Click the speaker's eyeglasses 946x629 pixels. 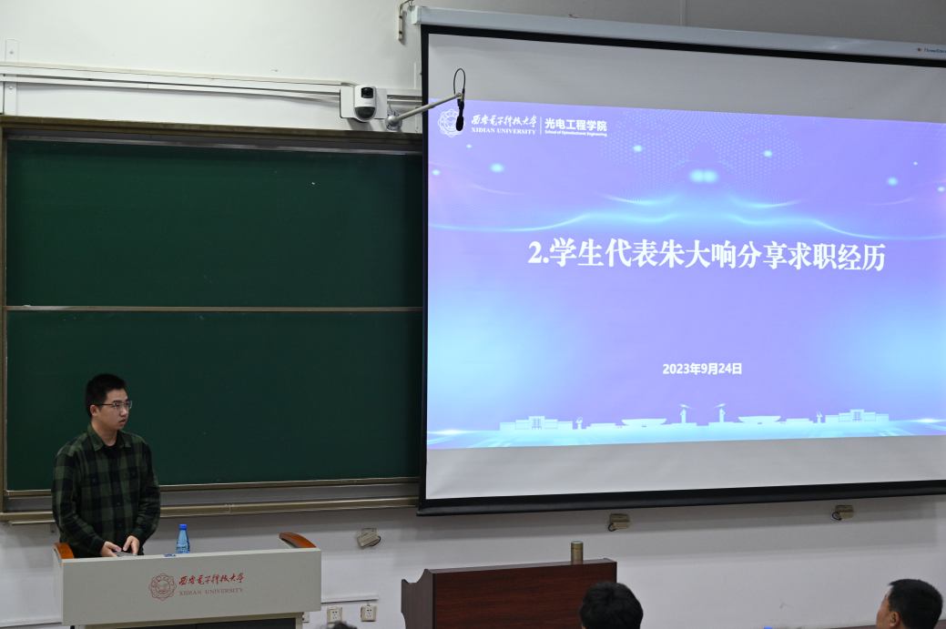coord(114,405)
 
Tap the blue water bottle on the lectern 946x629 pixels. coord(183,539)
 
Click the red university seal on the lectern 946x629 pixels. coord(162,586)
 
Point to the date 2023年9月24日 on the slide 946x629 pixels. coord(702,369)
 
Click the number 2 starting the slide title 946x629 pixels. coord(534,254)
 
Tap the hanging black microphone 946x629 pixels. coord(460,113)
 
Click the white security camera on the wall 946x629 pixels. coord(364,101)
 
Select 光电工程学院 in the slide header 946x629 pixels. coord(575,125)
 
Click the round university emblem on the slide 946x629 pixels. coord(449,122)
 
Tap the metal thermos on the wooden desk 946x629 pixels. coord(576,552)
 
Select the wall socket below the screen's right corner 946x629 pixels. coord(842,512)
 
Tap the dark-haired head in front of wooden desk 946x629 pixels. coord(611,607)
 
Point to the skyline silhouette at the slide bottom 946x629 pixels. coord(692,421)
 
